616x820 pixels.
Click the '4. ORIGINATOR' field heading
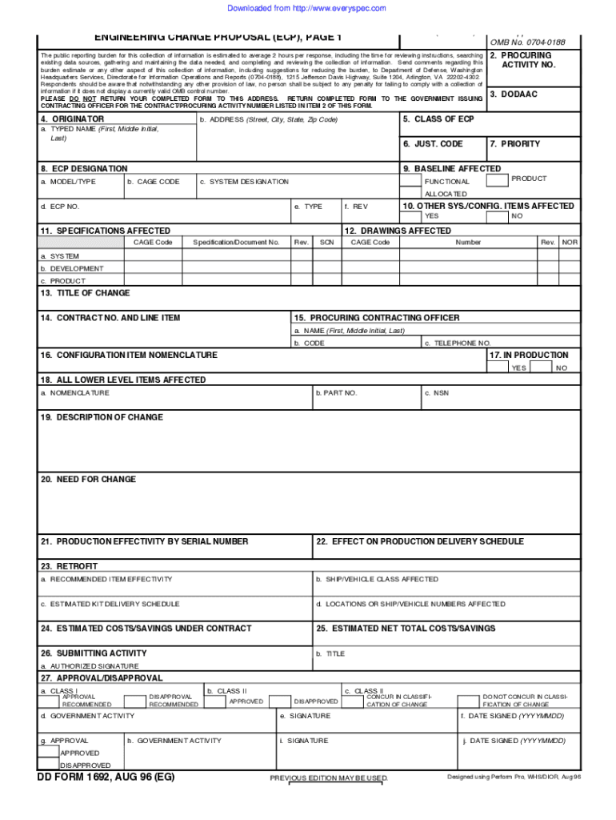(x=72, y=119)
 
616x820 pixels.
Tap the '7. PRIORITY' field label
(x=515, y=144)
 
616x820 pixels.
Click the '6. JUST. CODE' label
(x=433, y=144)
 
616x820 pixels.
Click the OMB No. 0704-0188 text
(x=527, y=42)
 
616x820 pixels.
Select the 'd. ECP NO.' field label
(x=60, y=207)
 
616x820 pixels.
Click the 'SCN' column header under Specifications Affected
(x=326, y=242)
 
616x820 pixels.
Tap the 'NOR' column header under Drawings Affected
(x=570, y=242)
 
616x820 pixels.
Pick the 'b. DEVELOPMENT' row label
(x=72, y=269)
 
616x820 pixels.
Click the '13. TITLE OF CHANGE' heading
(x=85, y=293)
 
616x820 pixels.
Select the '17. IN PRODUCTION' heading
(x=529, y=355)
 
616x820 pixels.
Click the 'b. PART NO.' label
(x=337, y=393)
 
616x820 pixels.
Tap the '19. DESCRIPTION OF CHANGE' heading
(x=102, y=417)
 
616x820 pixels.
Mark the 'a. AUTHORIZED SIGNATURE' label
(x=90, y=666)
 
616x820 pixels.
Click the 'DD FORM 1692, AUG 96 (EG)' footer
(x=106, y=778)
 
